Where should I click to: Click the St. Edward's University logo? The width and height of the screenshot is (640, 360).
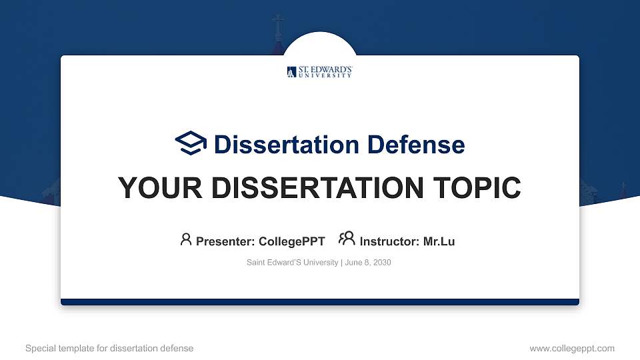pyautogui.click(x=319, y=72)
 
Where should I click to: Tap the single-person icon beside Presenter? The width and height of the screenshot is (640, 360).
pyautogui.click(x=186, y=239)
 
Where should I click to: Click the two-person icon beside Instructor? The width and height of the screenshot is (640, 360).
pyautogui.click(x=347, y=239)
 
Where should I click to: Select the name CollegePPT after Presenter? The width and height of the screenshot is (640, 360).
pyautogui.click(x=291, y=241)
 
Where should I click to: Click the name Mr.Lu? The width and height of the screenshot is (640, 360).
pyautogui.click(x=439, y=241)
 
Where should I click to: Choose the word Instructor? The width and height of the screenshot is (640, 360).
pyautogui.click(x=389, y=241)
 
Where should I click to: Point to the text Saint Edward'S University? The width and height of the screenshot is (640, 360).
pyautogui.click(x=292, y=263)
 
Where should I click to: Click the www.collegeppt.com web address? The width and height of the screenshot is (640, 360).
pyautogui.click(x=571, y=348)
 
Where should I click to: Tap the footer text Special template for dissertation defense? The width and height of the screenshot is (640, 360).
pyautogui.click(x=109, y=348)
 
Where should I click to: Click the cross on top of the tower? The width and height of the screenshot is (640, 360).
pyautogui.click(x=278, y=24)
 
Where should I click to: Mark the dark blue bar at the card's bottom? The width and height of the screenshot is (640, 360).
pyautogui.click(x=320, y=302)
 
